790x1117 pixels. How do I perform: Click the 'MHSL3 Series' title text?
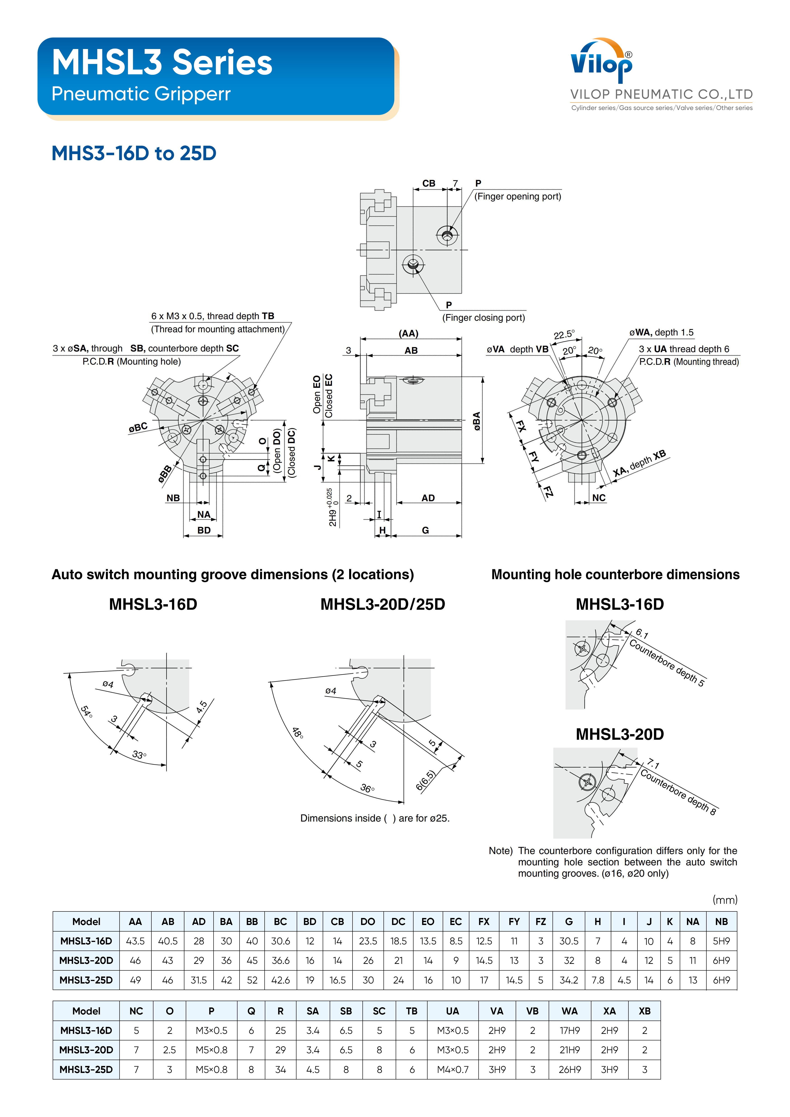162,63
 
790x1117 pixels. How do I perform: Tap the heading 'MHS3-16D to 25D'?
134,153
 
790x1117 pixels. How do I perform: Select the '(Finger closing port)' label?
483,318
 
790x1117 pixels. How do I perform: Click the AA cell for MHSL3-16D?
135,941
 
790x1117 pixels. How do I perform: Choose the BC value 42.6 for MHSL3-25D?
280,980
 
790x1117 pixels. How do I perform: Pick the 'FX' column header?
484,921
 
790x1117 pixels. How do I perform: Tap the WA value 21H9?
569,1050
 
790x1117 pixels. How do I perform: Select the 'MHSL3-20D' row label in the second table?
86,1050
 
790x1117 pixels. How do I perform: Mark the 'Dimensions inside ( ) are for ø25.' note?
375,818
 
